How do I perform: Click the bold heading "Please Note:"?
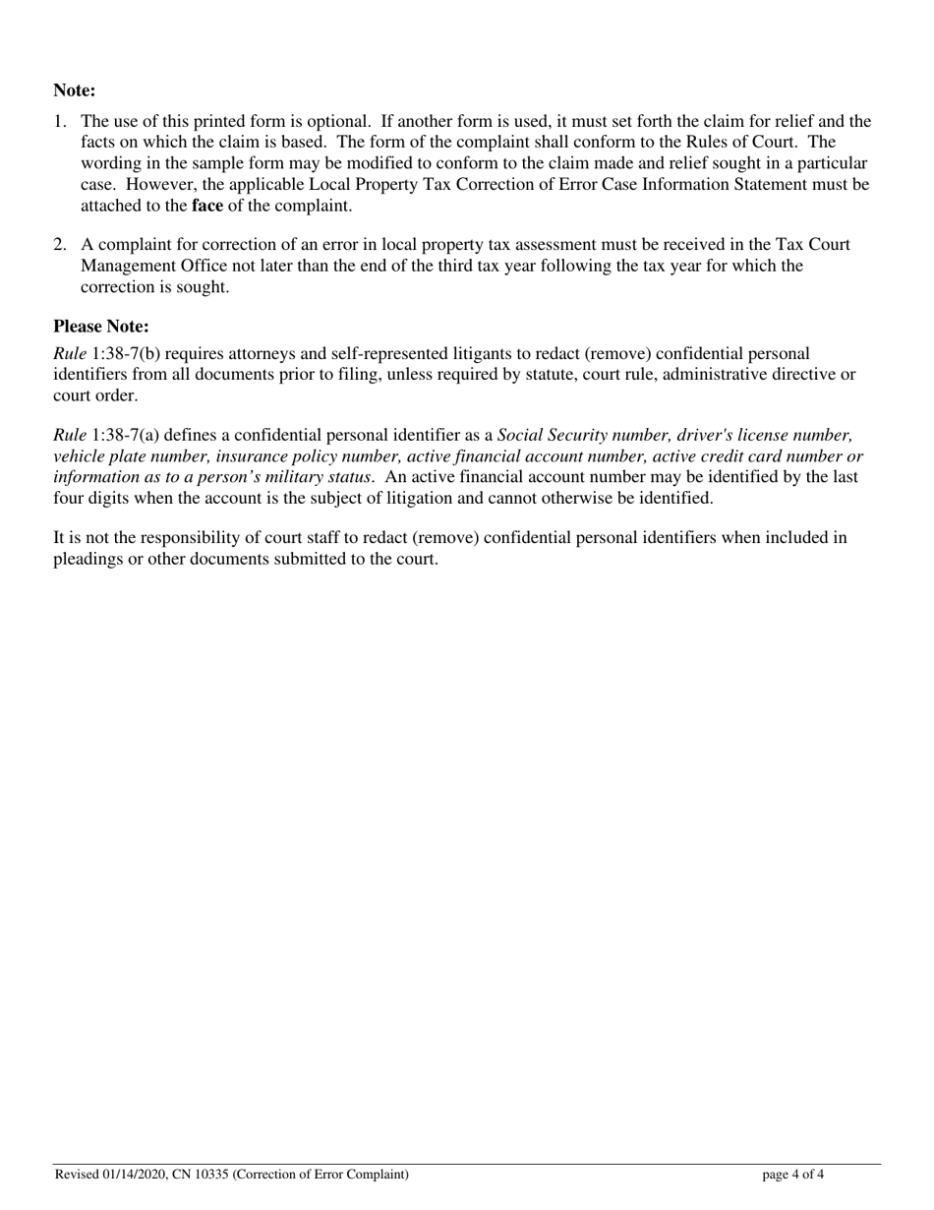(x=101, y=327)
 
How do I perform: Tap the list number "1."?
(x=60, y=122)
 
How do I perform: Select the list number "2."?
(x=60, y=245)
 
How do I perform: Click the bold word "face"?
(x=207, y=206)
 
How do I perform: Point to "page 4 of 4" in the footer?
(x=793, y=1174)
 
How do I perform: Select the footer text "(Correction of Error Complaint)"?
(x=321, y=1174)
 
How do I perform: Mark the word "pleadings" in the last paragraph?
(x=88, y=559)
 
